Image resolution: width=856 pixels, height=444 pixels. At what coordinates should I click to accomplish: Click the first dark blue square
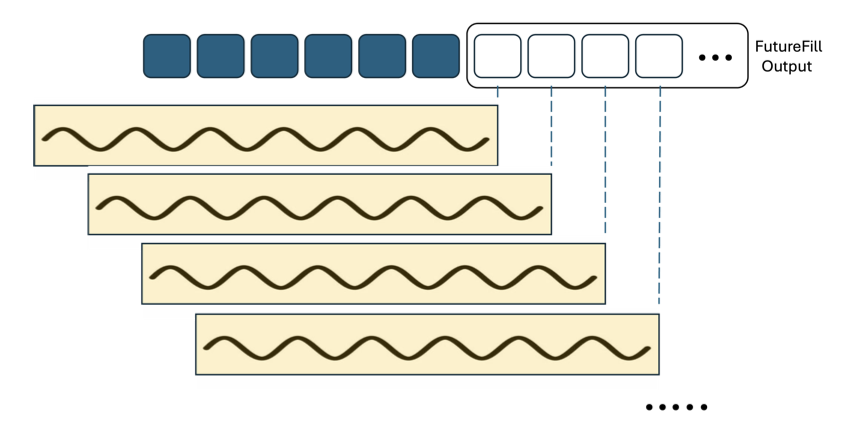167,56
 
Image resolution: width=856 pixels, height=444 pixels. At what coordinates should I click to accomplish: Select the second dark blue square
221,56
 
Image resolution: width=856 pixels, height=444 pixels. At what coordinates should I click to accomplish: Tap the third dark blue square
274,56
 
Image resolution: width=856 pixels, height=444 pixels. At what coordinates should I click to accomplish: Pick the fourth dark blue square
328,56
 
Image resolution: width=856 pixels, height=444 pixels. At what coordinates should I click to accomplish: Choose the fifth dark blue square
382,56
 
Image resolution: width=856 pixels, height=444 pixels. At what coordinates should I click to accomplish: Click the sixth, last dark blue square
436,56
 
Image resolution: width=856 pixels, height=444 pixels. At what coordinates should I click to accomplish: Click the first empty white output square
497,56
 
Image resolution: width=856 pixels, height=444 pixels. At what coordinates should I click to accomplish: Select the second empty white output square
551,56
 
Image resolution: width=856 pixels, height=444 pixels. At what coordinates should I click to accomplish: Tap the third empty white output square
605,56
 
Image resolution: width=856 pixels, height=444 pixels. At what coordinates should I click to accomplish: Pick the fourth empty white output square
659,56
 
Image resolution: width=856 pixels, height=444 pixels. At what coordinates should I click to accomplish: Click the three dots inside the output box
715,58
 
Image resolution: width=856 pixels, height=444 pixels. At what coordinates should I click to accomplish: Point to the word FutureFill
789,47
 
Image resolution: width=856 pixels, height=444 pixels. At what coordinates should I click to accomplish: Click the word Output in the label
786,66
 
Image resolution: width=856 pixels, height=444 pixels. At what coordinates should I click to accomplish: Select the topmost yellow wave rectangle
266,135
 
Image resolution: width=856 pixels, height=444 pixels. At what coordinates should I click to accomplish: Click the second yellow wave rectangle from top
320,204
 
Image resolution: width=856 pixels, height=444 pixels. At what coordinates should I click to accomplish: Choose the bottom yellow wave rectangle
427,344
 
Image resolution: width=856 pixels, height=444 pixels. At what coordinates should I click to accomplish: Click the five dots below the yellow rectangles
677,407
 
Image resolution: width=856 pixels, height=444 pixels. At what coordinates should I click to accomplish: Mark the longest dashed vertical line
659,200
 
